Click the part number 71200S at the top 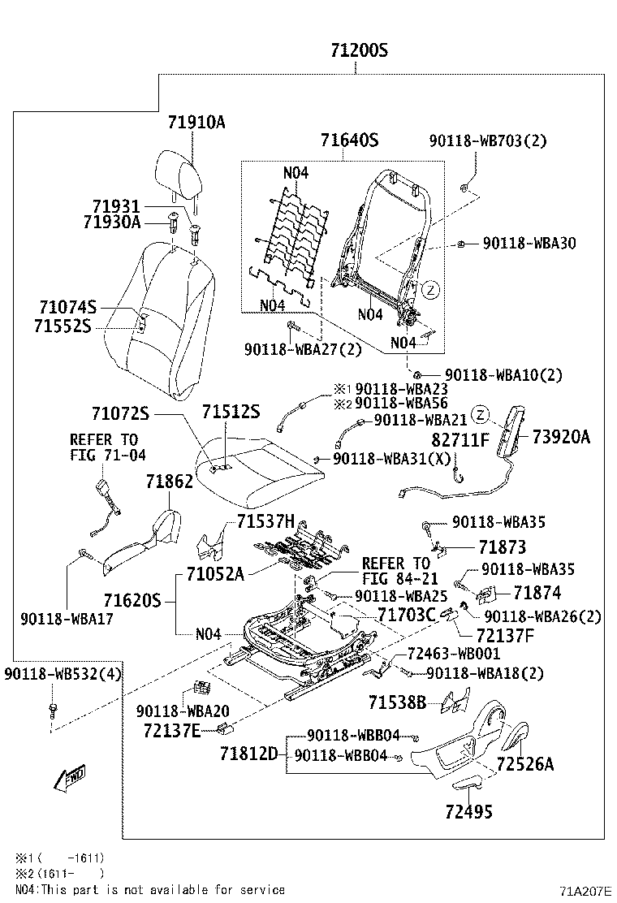[359, 51]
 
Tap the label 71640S [349, 140]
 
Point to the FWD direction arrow [69, 777]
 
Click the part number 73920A [561, 437]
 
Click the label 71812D [248, 754]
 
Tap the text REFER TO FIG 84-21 [395, 571]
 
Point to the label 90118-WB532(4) [63, 673]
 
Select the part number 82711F [460, 439]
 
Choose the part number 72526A [525, 764]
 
